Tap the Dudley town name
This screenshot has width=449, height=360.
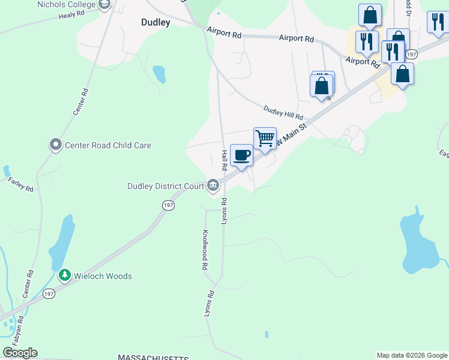click(x=155, y=23)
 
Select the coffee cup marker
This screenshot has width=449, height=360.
click(x=241, y=155)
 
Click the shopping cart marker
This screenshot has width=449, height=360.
click(x=265, y=139)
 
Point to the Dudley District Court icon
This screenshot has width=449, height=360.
click(x=212, y=186)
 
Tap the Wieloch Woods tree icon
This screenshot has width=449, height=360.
click(x=64, y=275)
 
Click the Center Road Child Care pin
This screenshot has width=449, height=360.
click(x=56, y=145)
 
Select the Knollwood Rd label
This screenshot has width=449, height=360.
click(x=205, y=249)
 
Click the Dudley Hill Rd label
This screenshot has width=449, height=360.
click(x=283, y=112)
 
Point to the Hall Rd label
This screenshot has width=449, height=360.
click(x=224, y=160)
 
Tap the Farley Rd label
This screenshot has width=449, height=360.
click(x=20, y=184)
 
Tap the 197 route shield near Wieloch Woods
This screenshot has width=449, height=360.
click(x=49, y=293)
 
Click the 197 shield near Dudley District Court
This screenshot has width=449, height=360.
click(x=169, y=205)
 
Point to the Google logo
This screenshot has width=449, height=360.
click(x=20, y=353)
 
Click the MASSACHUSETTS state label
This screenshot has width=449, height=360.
click(x=154, y=358)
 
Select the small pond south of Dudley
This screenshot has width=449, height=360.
click(x=159, y=74)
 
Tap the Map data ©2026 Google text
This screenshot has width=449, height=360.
click(x=411, y=355)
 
